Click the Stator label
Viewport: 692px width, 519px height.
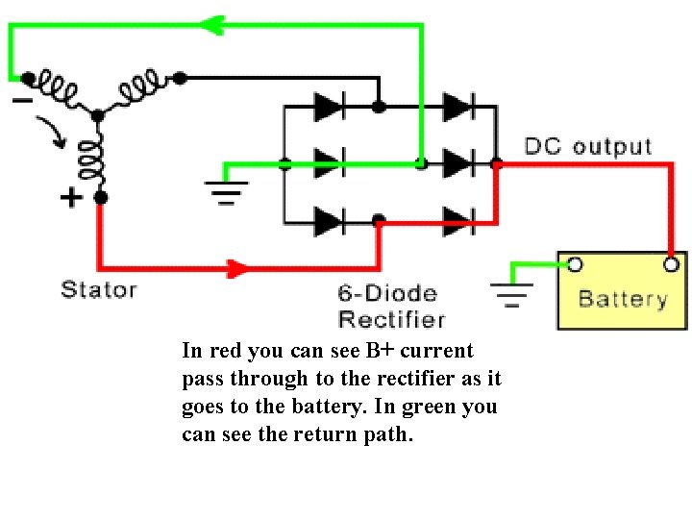tap(99, 288)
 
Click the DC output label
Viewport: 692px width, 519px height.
tap(587, 147)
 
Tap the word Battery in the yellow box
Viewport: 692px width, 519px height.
tap(623, 299)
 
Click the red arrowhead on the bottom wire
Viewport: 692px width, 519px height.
tap(236, 267)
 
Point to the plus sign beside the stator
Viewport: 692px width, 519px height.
tap(70, 198)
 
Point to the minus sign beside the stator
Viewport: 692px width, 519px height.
tap(22, 99)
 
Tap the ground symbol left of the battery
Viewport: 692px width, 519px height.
tap(511, 292)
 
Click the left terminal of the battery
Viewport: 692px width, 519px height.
tap(574, 263)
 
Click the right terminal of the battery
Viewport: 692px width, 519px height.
tap(672, 263)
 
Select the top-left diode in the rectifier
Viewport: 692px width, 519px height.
tap(330, 106)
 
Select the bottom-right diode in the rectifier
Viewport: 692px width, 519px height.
tap(457, 221)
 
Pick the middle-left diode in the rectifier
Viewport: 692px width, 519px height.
tap(330, 163)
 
